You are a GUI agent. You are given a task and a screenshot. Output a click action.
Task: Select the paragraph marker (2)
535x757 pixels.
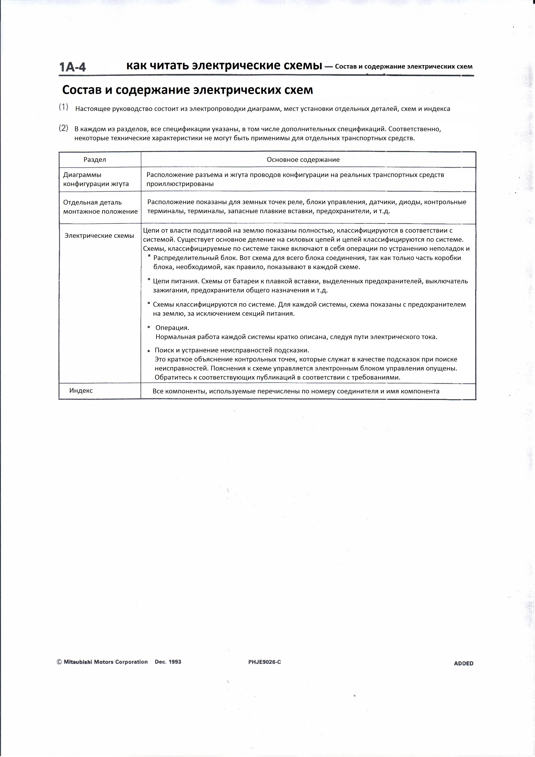click(x=64, y=128)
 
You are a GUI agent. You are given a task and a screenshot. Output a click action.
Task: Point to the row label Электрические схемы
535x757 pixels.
click(x=99, y=236)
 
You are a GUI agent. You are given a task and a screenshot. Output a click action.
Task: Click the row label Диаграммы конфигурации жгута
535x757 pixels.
click(x=96, y=179)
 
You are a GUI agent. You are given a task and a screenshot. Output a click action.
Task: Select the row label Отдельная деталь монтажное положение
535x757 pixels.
click(x=100, y=207)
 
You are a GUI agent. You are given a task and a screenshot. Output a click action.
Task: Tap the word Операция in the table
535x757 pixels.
click(x=172, y=328)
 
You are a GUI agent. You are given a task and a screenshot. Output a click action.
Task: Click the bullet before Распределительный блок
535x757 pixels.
click(x=149, y=256)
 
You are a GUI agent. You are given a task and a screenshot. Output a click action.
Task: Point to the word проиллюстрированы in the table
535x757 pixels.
click(x=180, y=184)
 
